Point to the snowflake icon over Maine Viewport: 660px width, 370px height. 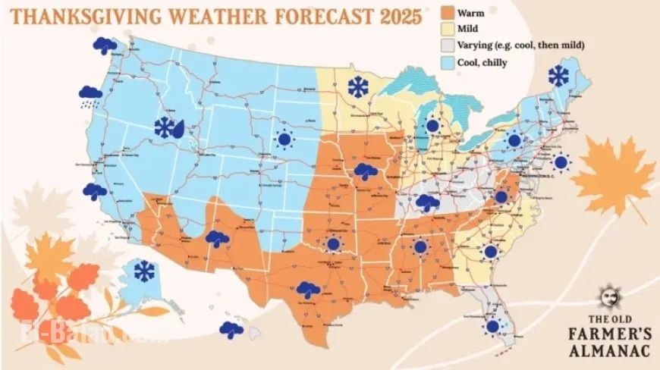(x=559, y=75)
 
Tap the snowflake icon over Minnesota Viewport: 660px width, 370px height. (x=356, y=86)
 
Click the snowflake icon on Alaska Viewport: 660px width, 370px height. (x=143, y=270)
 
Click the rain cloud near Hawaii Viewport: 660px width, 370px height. (x=231, y=329)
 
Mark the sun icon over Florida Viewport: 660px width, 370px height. (x=493, y=326)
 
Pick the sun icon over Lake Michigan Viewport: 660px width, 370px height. (x=432, y=126)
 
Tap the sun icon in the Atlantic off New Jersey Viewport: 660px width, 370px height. (x=561, y=161)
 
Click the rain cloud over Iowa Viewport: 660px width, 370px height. (x=366, y=172)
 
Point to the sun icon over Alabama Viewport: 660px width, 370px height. (x=420, y=246)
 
